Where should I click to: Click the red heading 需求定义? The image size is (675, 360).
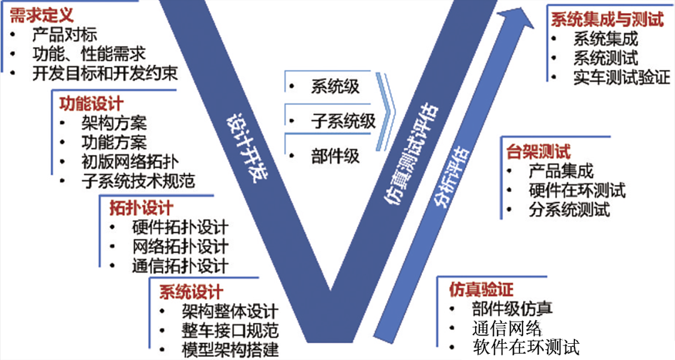(42, 16)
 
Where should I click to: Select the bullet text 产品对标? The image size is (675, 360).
(65, 35)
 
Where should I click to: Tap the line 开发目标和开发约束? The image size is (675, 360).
(105, 73)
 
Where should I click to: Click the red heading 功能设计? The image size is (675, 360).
(91, 104)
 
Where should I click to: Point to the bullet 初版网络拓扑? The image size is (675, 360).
(129, 162)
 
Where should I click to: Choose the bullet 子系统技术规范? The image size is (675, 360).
(138, 181)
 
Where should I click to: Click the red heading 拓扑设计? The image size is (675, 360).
(141, 208)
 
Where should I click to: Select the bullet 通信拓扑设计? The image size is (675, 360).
(180, 266)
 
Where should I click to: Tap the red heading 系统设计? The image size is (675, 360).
(191, 292)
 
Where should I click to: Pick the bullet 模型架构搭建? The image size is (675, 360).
(230, 349)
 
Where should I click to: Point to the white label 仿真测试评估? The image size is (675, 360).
(411, 154)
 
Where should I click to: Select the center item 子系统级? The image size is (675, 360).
(344, 121)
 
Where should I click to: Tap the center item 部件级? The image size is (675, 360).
(336, 156)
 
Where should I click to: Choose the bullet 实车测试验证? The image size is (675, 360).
(622, 77)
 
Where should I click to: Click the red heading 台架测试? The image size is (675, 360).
(539, 152)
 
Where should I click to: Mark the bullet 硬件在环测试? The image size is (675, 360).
(577, 191)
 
